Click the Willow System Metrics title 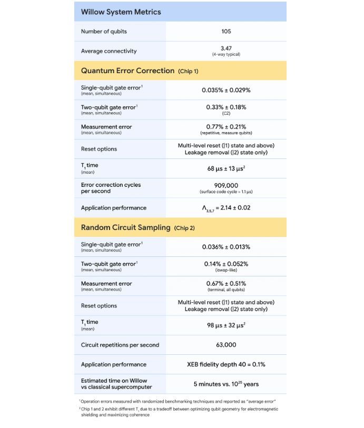(121, 12)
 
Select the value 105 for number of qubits (226, 32)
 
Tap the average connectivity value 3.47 (226, 48)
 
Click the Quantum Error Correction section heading (127, 71)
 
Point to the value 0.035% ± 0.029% (226, 90)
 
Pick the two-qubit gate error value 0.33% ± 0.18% (226, 107)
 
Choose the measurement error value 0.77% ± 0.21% (226, 127)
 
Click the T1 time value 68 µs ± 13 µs (226, 168)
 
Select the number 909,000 (226, 185)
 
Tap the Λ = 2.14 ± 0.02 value (226, 208)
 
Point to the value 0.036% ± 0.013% (226, 247)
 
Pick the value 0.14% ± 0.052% (226, 264)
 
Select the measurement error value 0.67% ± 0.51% (226, 284)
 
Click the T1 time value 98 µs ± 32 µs (226, 325)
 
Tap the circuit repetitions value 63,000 (226, 345)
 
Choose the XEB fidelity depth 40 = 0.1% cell (226, 364)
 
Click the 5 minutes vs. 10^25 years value (226, 384)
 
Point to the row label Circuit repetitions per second (120, 345)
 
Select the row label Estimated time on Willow (114, 381)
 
